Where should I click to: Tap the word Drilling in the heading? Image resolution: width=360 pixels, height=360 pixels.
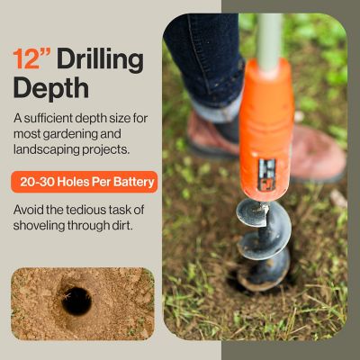pos(101,61)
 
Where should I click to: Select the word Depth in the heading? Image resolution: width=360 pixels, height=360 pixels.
pos(51,88)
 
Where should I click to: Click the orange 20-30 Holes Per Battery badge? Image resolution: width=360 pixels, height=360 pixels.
pos(85,182)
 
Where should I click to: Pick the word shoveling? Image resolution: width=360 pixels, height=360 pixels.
pos(39,226)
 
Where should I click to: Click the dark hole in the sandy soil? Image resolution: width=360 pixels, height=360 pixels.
pos(76,301)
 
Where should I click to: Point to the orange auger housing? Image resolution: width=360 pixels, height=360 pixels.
pos(266,129)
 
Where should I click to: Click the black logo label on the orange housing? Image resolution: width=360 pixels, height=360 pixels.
pos(266,175)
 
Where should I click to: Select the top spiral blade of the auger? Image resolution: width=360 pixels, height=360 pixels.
pos(253,213)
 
